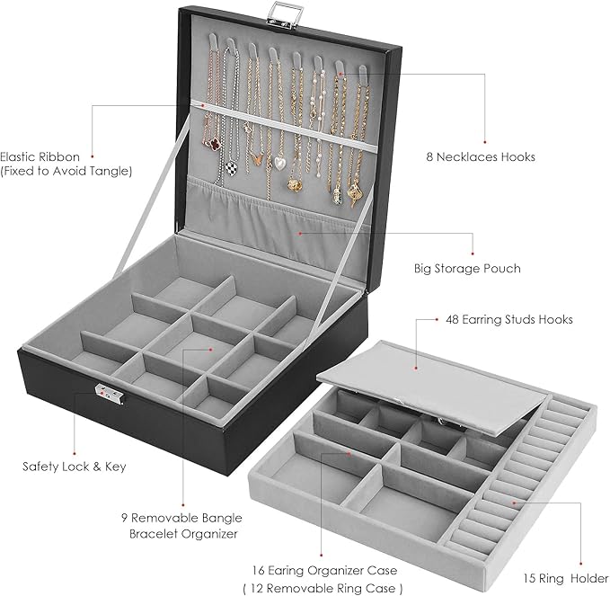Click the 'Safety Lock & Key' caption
coord(75,467)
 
